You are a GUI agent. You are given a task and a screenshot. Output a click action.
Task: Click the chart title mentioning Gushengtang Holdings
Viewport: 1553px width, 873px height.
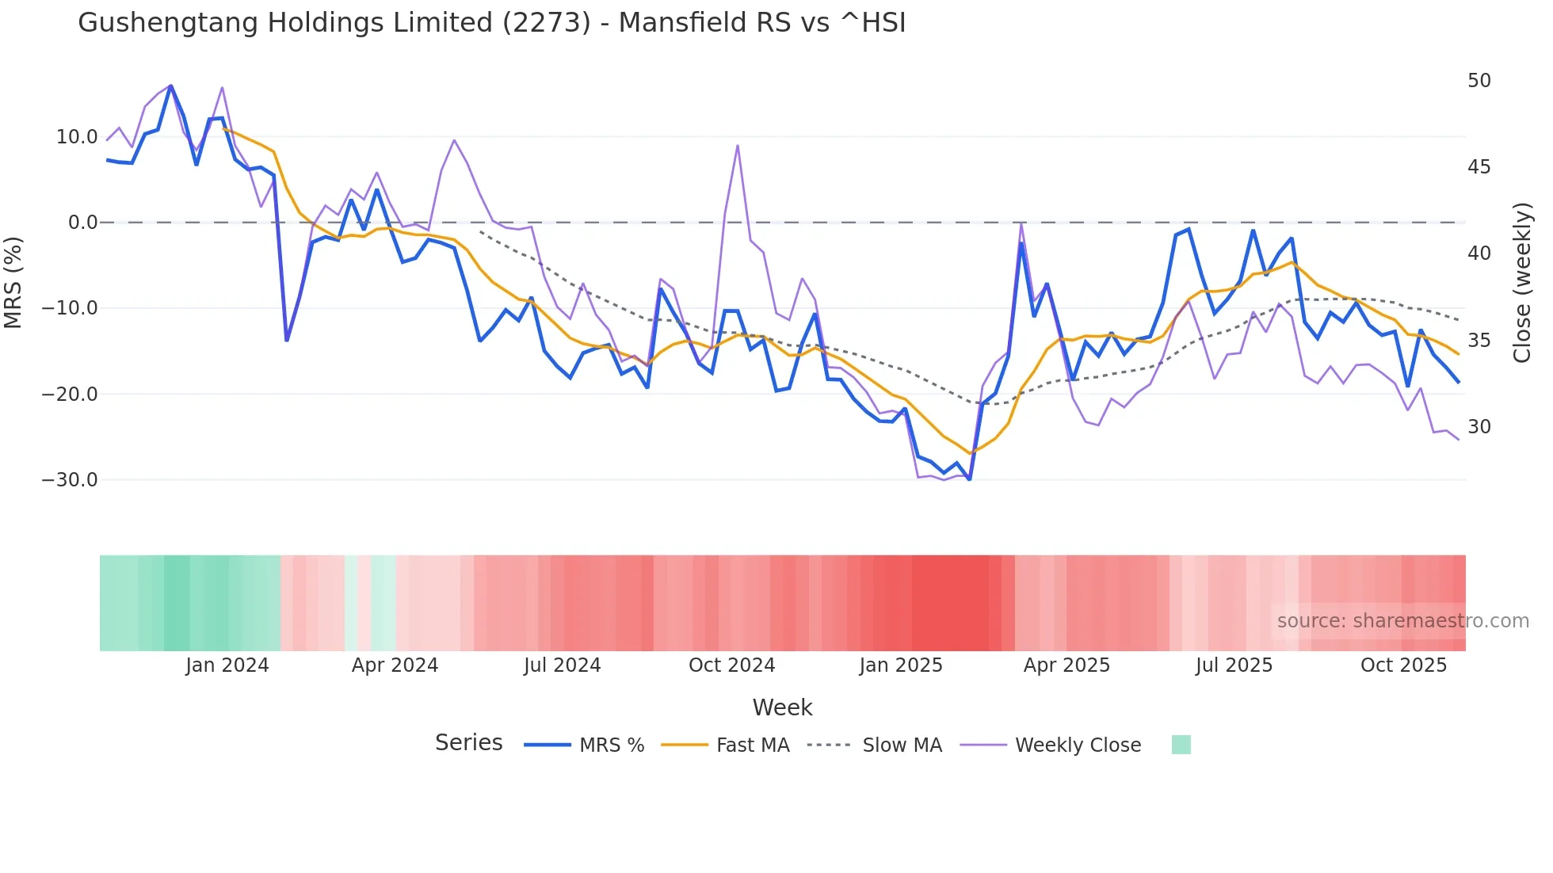tap(491, 23)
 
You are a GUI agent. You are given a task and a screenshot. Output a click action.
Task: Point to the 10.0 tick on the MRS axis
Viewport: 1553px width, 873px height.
tap(76, 137)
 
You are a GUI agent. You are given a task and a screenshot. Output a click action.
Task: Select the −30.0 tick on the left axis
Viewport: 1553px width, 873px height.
tap(70, 480)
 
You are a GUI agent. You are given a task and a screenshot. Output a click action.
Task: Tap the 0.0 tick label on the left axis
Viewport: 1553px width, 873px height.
tap(82, 223)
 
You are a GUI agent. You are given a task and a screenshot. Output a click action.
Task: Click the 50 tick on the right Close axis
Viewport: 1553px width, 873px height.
tap(1479, 81)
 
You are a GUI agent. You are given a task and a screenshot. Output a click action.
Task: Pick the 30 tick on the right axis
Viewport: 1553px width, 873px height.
tap(1479, 427)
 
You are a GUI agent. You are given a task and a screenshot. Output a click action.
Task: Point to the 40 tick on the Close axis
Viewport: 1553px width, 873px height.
tap(1479, 254)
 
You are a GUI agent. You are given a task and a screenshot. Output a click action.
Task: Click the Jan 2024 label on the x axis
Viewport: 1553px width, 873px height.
tap(227, 665)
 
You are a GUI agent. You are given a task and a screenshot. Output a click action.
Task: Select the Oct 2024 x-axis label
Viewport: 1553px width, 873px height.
tap(731, 665)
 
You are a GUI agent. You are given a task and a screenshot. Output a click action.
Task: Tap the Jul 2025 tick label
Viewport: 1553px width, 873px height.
tap(1234, 665)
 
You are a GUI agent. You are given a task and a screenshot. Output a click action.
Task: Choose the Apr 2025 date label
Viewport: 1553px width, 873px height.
tap(1066, 665)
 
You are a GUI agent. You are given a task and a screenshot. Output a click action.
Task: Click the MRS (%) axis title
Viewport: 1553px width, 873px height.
tap(13, 283)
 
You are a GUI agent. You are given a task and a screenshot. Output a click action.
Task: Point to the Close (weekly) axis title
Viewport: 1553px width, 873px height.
tap(1521, 283)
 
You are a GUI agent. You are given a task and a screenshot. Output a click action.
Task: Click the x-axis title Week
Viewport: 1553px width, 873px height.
tap(782, 707)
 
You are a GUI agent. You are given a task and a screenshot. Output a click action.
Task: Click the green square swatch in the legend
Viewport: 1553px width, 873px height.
tap(1181, 745)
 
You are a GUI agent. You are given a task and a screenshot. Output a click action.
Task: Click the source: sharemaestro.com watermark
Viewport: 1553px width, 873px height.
tap(1402, 621)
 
